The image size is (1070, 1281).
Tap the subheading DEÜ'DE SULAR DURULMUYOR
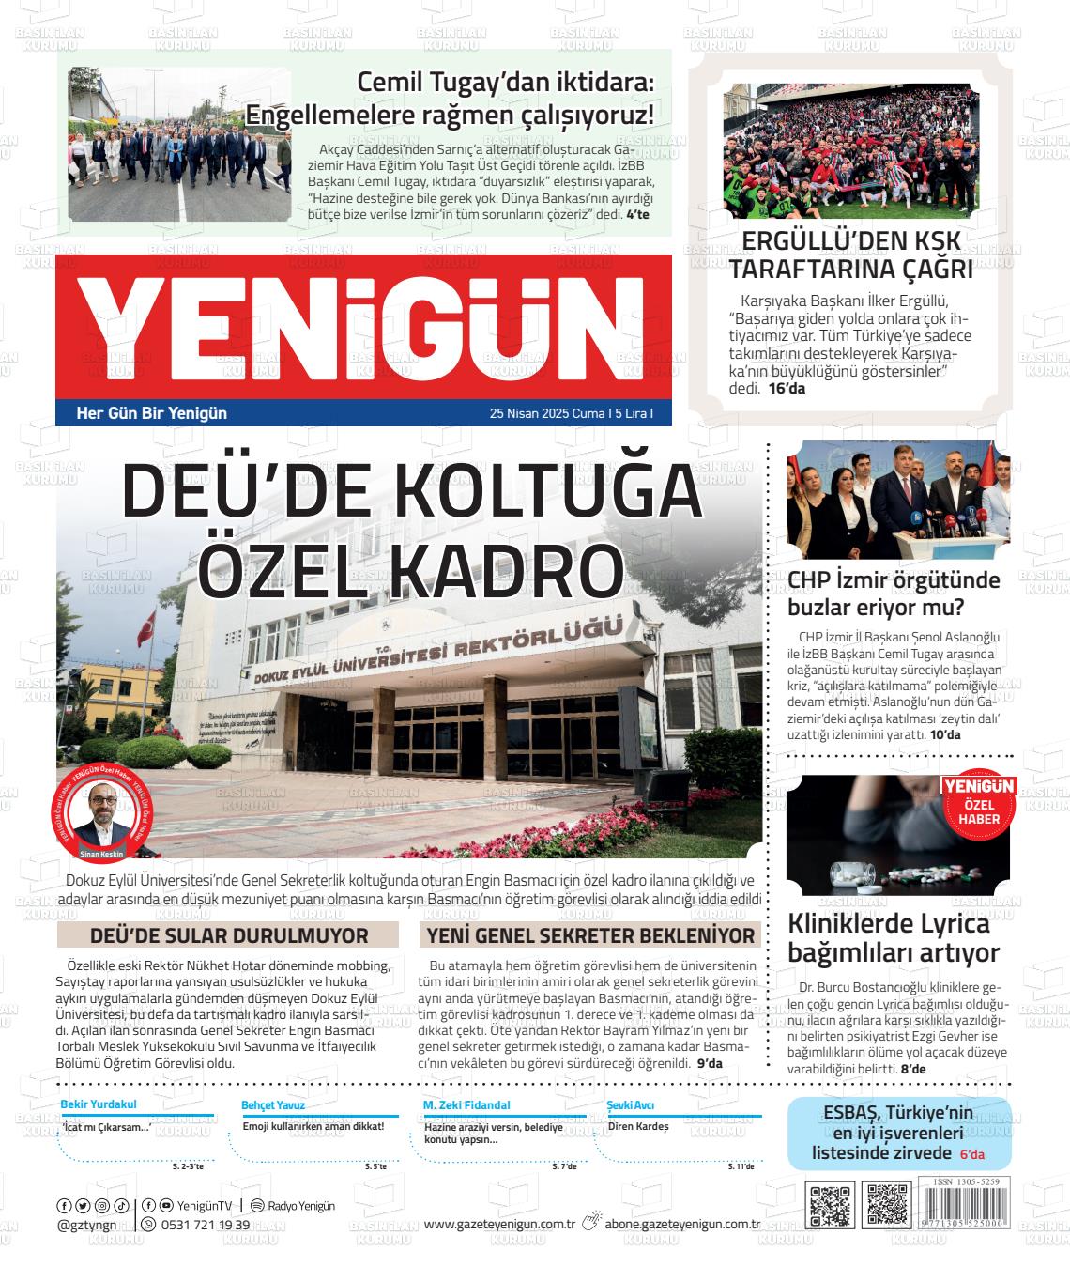point(229,935)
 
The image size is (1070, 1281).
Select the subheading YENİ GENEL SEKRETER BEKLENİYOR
point(590,935)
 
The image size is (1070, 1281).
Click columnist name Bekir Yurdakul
point(99,1105)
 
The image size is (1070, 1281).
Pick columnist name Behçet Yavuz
point(273,1105)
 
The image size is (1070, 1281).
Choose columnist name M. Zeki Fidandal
point(466,1105)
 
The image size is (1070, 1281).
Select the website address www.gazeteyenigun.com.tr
point(499,1224)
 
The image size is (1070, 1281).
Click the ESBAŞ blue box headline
point(897,1133)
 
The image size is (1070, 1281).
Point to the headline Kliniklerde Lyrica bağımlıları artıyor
point(894,938)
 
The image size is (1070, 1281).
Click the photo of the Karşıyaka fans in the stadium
point(850,150)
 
